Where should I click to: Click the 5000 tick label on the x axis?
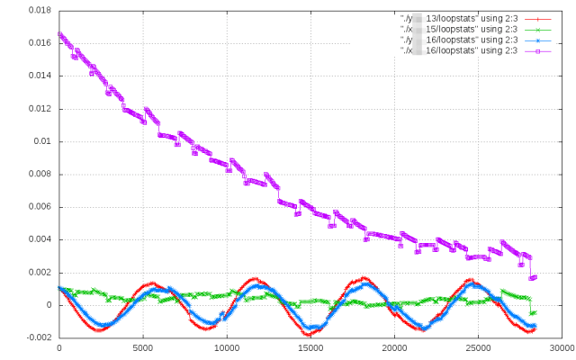143,347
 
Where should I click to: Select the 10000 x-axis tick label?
227,347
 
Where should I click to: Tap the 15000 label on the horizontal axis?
310,347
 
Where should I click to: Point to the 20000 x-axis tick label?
394,347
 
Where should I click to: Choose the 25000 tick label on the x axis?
478,347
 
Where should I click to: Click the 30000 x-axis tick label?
562,347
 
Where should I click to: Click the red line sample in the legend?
538,19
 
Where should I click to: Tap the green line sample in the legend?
538,30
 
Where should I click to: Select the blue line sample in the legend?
538,40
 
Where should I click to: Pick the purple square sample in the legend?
538,51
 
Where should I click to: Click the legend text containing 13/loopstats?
459,19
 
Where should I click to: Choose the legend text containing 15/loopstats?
459,30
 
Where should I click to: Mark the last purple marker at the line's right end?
535,277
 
